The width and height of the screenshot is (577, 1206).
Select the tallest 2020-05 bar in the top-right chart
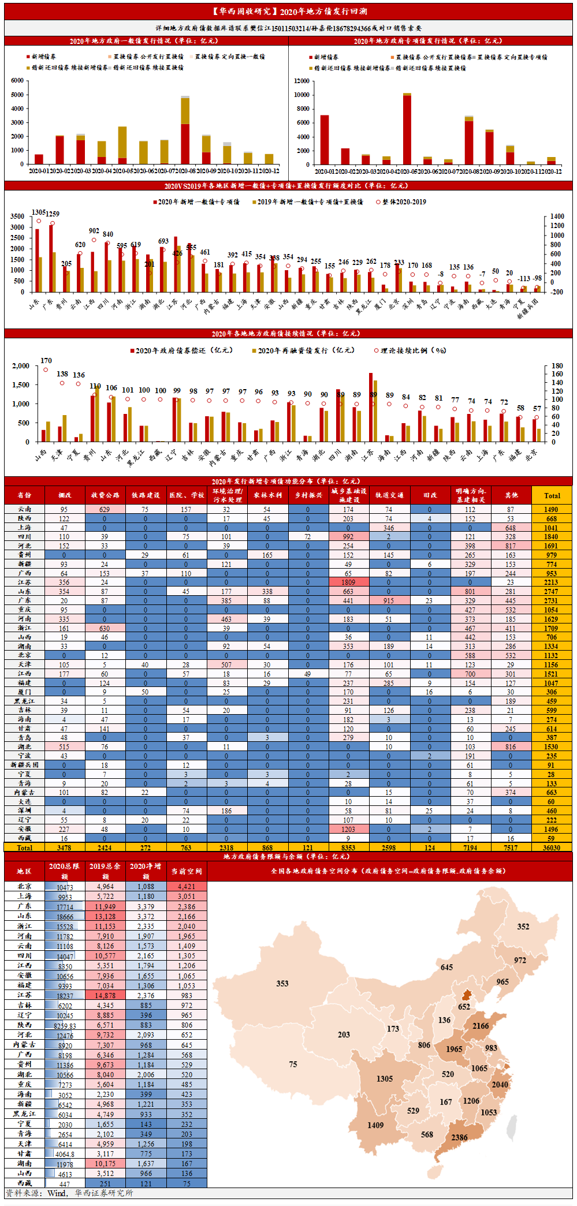point(407,130)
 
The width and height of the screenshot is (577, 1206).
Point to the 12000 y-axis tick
point(301,81)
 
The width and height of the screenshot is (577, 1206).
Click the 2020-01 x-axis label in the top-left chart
point(39,171)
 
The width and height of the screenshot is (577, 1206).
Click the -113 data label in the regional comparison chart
point(523,278)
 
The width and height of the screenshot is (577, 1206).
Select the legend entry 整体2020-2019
point(401,202)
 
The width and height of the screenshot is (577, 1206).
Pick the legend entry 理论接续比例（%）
point(410,350)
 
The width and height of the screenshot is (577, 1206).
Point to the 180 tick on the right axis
point(557,366)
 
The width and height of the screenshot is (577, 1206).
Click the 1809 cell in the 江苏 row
point(348,583)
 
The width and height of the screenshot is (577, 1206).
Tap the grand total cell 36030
point(552,847)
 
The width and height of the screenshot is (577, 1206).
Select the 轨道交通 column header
point(389,495)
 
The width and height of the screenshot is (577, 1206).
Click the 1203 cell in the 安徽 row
point(348,829)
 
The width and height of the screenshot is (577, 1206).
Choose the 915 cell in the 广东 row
point(389,601)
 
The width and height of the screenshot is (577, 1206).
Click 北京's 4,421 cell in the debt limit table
point(187,886)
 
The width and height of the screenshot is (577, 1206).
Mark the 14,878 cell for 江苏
point(105,995)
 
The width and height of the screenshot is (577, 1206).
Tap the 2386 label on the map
point(459,1137)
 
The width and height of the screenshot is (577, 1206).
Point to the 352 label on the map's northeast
point(523,927)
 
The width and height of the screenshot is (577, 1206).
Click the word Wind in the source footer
point(57,1193)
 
